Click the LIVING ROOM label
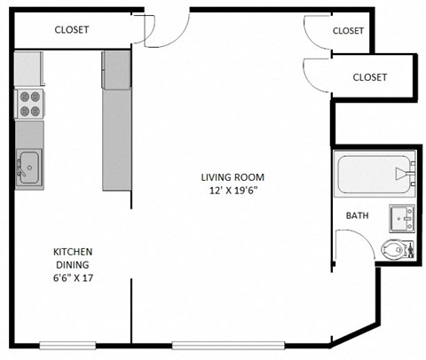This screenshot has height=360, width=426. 232,176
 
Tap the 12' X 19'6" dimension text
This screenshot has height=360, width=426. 232,190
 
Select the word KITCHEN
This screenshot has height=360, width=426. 72,252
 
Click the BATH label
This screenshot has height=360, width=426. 357,215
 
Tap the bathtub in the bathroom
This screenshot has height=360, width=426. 374,175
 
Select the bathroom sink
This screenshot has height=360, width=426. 401,216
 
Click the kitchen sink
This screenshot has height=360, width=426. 28,165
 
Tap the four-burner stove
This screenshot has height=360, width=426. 28,105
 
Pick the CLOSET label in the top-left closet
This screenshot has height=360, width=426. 72,29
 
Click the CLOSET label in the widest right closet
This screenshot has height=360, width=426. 370,77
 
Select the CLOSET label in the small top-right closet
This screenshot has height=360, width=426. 348,30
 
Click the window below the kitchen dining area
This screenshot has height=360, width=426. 68,344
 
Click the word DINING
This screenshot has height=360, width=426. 72,264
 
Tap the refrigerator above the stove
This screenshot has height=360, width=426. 28,68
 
